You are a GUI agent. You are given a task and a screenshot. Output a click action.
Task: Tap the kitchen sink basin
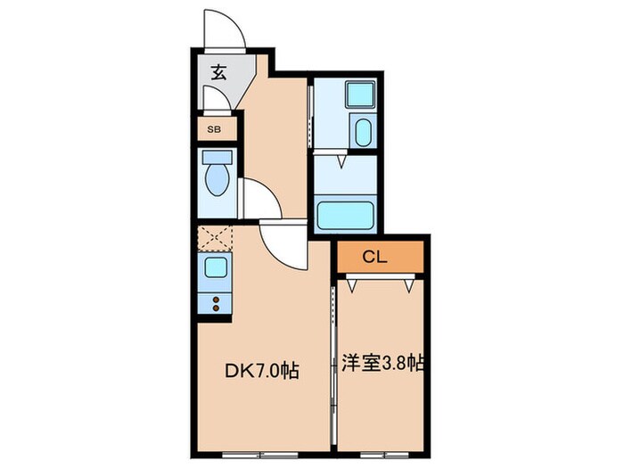(216, 267)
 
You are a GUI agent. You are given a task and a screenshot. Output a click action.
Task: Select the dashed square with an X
(215, 237)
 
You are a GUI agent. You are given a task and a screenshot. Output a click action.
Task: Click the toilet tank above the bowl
(216, 158)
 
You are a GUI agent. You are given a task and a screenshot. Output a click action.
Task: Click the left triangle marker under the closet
(353, 286)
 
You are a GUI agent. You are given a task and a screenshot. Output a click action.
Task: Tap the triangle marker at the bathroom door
(342, 162)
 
